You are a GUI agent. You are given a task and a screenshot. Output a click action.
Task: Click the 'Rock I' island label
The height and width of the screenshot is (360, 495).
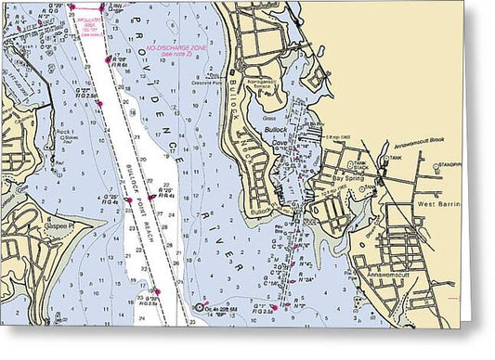[x=65, y=133]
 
